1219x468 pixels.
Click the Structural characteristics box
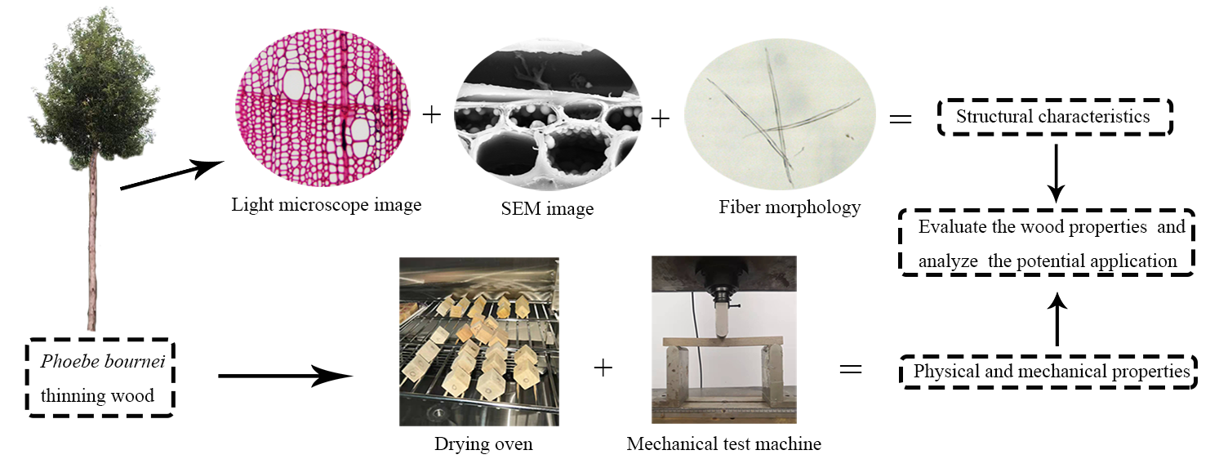1053,117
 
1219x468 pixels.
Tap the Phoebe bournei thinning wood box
102,378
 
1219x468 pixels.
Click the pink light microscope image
325,111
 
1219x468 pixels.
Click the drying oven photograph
478,341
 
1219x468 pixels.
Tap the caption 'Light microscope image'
326,204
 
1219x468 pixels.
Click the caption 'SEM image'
547,209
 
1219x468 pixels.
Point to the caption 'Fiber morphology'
790,207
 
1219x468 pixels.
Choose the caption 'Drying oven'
483,445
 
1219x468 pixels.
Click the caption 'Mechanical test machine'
723,445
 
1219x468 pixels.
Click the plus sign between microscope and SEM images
431,115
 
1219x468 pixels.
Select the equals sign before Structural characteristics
900,119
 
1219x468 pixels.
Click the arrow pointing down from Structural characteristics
1057,172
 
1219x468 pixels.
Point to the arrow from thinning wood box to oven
286,377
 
